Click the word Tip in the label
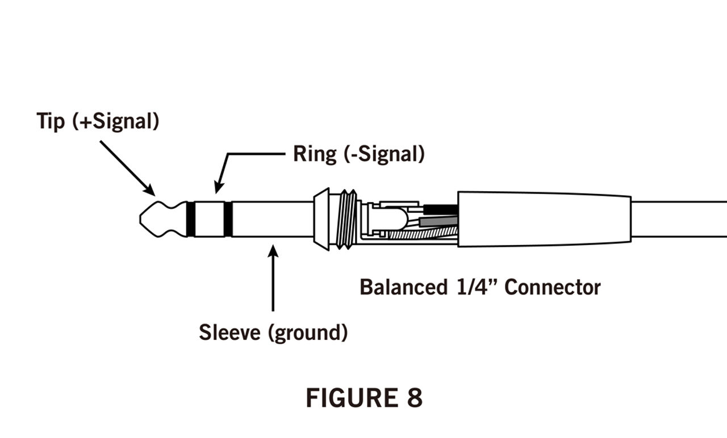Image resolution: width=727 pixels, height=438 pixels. tap(51, 121)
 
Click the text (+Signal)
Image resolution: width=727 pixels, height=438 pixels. tap(116, 121)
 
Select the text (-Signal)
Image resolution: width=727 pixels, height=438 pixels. tap(385, 154)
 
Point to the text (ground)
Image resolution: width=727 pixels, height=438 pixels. tap(307, 332)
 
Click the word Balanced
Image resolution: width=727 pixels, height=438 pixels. tap(403, 287)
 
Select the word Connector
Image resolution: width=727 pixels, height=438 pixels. tap(553, 287)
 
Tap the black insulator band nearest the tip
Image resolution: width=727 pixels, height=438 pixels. tap(191, 219)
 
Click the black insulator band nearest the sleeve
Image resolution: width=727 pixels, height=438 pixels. tap(228, 219)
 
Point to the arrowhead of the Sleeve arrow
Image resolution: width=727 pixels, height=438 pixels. tap(273, 251)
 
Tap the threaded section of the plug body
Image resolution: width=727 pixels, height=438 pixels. tap(346, 219)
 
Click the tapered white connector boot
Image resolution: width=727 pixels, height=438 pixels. tap(544, 219)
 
